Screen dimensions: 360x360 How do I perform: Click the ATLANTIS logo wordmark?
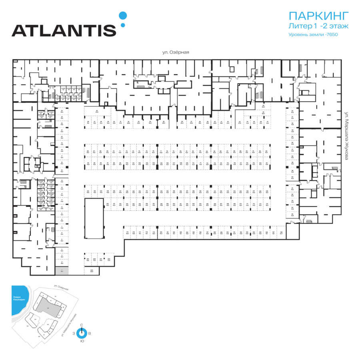pos(64,30)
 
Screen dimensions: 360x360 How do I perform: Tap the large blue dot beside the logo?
pos(123,16)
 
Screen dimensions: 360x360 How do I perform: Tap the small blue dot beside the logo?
pos(123,25)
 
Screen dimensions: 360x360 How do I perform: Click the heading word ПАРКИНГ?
pos(319,16)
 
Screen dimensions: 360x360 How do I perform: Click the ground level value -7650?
pos(332,35)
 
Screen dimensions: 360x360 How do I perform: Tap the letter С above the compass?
pos(82,325)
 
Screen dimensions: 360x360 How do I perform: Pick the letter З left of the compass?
pos(74,333)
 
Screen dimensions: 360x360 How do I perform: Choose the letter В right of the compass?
pos(90,333)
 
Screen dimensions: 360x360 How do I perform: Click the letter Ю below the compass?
pos(82,341)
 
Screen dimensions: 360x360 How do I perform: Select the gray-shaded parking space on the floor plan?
pos(62,271)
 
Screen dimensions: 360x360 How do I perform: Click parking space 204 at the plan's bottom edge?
pos(91,271)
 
